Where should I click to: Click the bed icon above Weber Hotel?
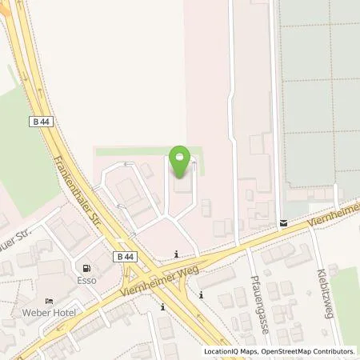(50, 301)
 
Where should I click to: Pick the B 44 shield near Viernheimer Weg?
(122, 257)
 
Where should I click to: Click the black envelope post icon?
(283, 224)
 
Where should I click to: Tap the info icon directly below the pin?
(177, 255)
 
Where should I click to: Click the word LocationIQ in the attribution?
(221, 351)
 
